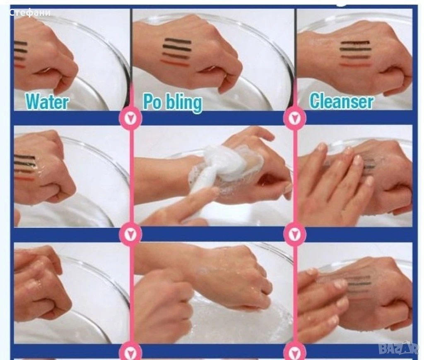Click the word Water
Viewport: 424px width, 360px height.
tap(47, 101)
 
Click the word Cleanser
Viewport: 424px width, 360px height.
tap(342, 101)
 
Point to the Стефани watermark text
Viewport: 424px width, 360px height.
tap(30, 12)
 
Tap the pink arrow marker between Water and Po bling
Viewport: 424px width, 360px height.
tap(131, 118)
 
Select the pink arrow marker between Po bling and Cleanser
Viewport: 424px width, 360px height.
tap(295, 118)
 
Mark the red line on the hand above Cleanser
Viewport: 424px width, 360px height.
tap(354, 65)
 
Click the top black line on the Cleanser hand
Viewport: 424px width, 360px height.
tap(355, 43)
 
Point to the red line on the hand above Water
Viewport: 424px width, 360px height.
tap(19, 66)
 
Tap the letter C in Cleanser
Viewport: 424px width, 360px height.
tap(315, 101)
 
